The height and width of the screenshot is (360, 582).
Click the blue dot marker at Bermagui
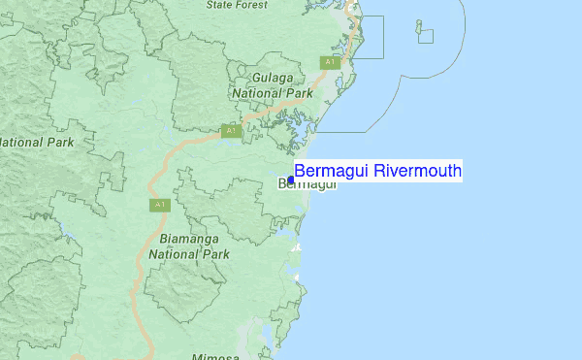291,180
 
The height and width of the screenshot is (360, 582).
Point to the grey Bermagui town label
307,184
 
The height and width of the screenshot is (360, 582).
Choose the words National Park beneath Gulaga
273,93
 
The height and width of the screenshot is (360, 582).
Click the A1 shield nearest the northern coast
330,62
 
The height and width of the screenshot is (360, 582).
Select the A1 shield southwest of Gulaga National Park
230,130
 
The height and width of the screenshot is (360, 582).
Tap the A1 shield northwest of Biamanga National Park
159,205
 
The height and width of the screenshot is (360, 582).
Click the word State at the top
222,5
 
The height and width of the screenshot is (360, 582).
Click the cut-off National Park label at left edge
36,142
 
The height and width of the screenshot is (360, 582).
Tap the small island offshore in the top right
419,26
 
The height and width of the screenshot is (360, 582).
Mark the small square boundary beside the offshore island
426,37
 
